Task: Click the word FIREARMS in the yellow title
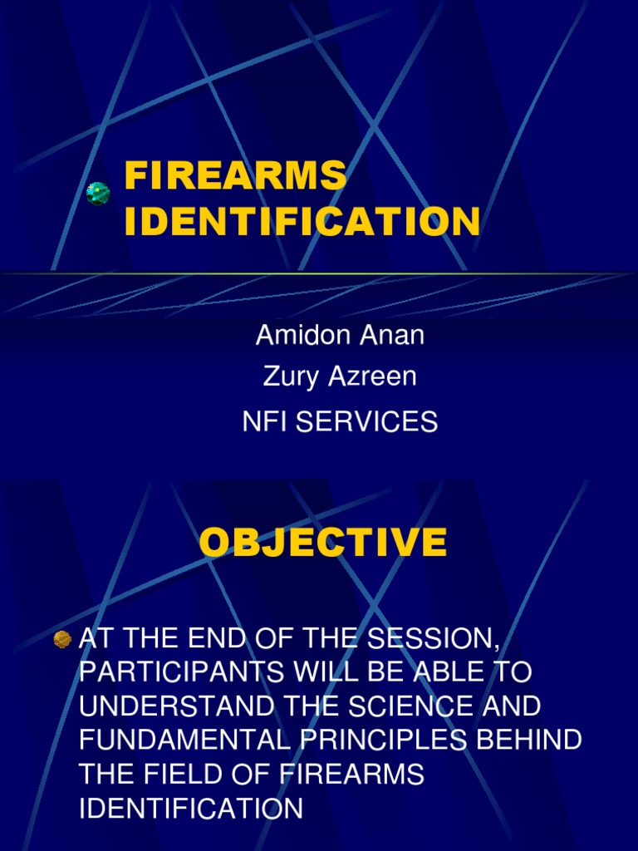point(235,176)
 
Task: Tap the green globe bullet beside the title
point(99,194)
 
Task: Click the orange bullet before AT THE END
point(62,639)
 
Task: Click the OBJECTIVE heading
point(323,543)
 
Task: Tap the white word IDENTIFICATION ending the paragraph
point(191,809)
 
